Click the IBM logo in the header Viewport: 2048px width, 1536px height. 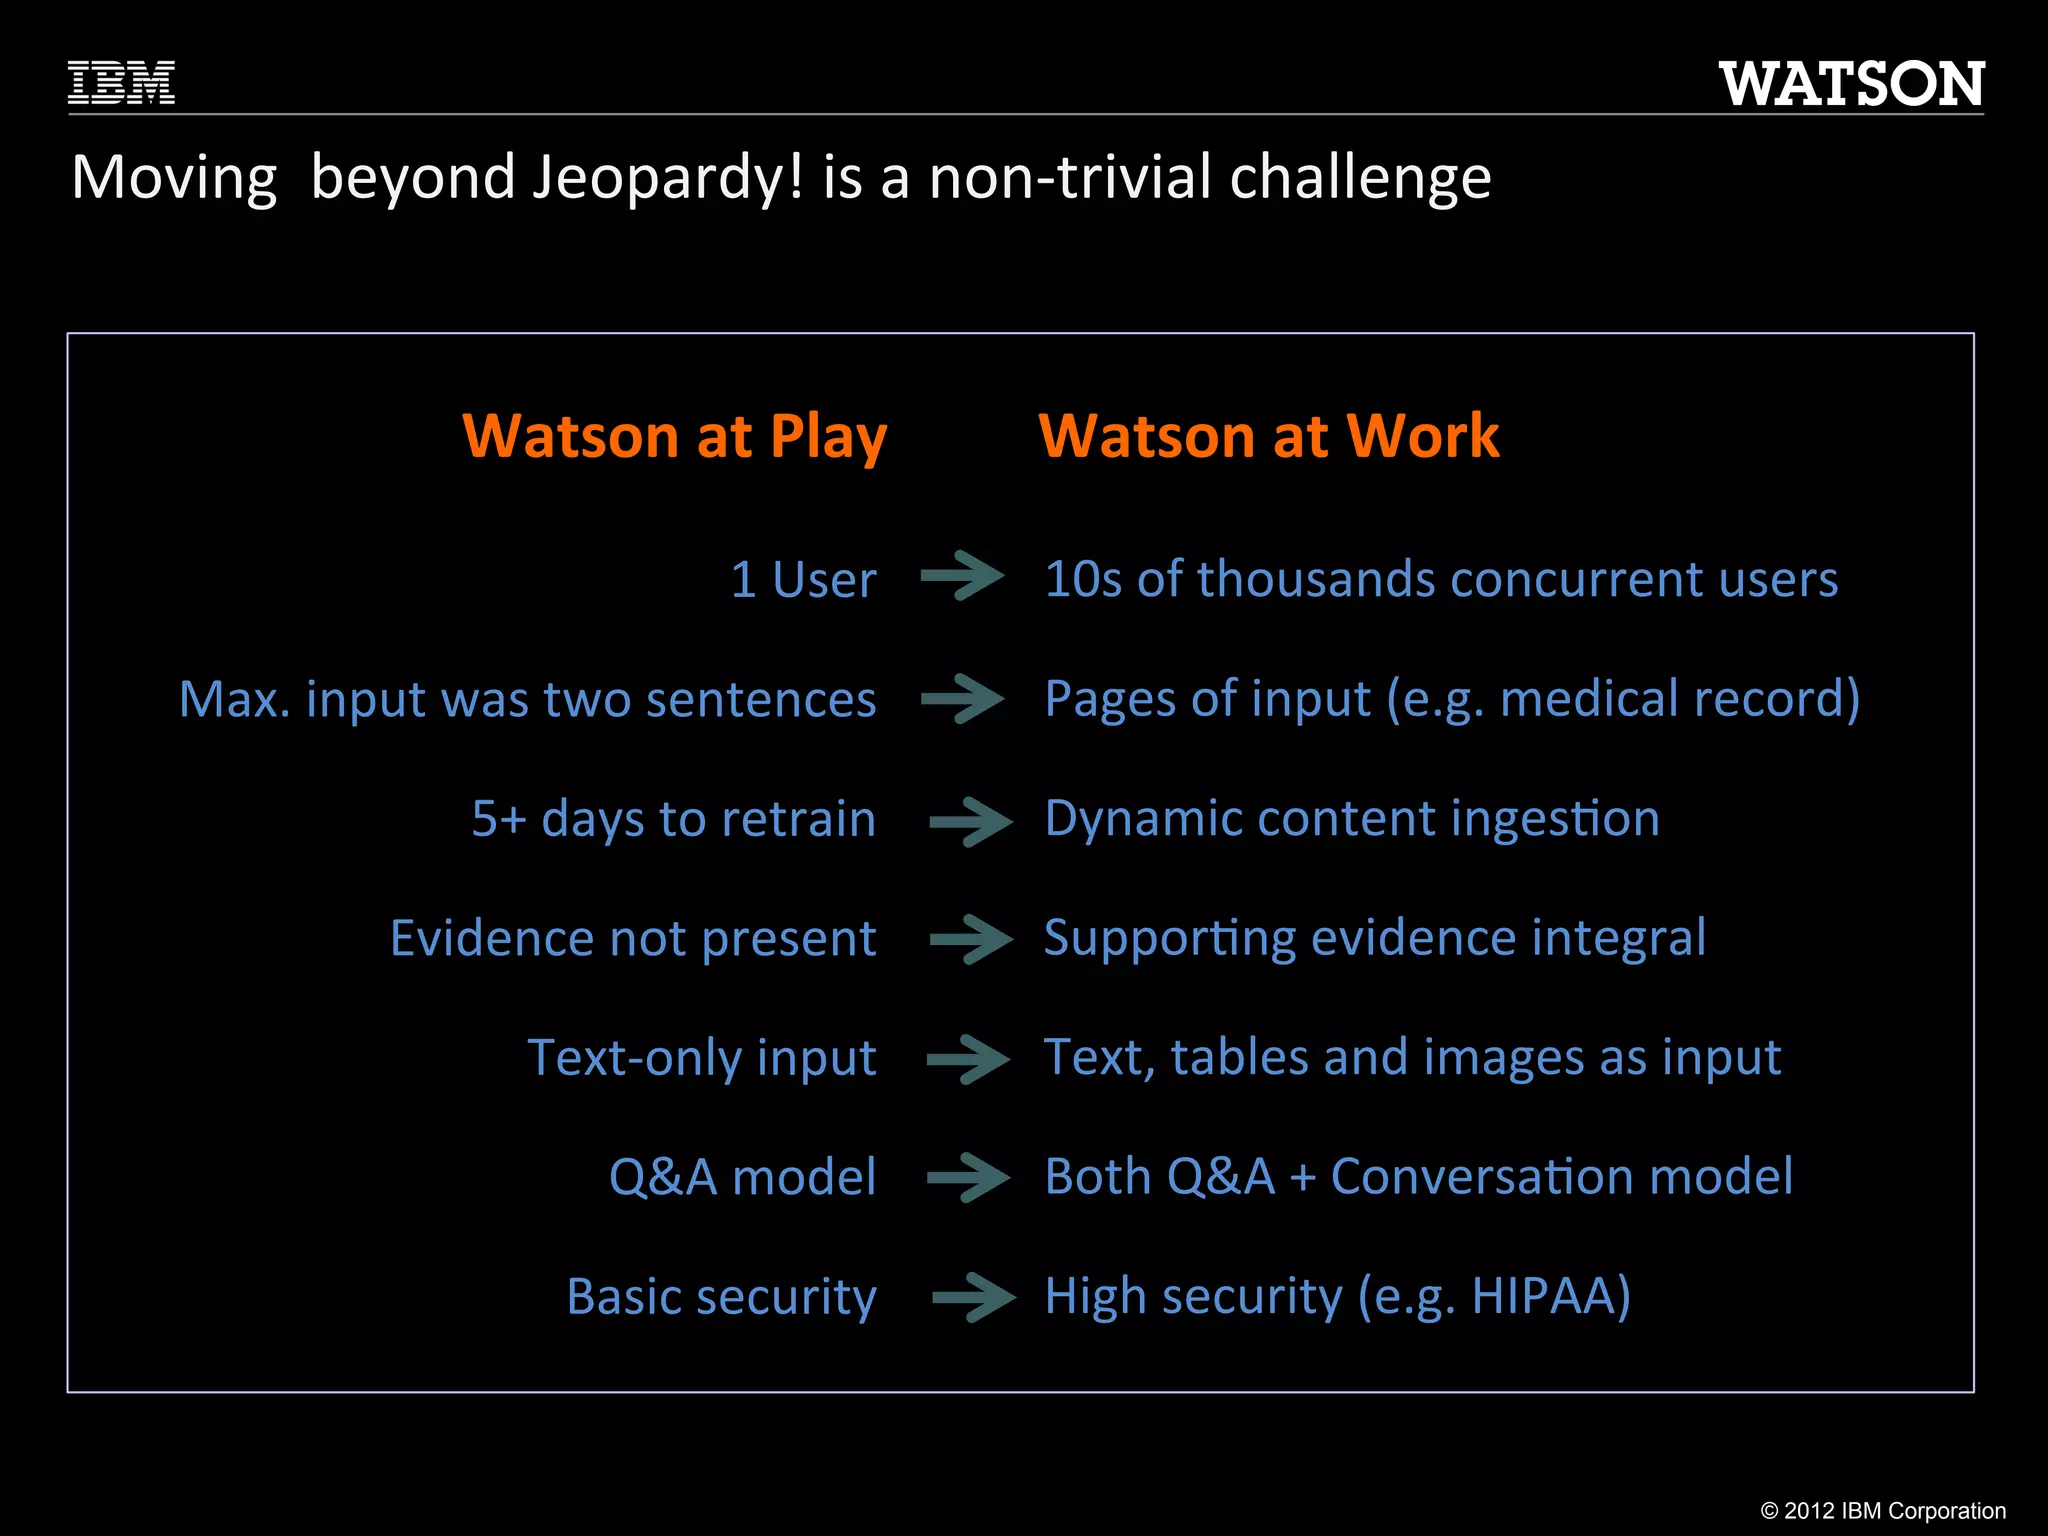(121, 83)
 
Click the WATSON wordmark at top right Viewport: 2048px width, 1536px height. (1851, 84)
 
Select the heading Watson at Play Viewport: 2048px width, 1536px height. (675, 436)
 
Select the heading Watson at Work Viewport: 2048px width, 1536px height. (1269, 436)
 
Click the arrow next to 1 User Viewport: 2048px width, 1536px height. (962, 576)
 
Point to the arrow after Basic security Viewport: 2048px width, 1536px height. (973, 1298)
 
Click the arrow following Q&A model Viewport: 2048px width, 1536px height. (968, 1177)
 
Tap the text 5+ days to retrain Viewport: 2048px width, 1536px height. (674, 819)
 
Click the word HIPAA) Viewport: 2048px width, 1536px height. (1551, 1296)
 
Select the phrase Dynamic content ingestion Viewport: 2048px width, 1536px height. (1352, 819)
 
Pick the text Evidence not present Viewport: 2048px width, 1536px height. (633, 938)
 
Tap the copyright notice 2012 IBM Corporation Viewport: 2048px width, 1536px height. (1883, 1510)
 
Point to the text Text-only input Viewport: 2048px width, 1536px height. (702, 1058)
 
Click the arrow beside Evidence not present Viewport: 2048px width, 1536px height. (970, 939)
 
